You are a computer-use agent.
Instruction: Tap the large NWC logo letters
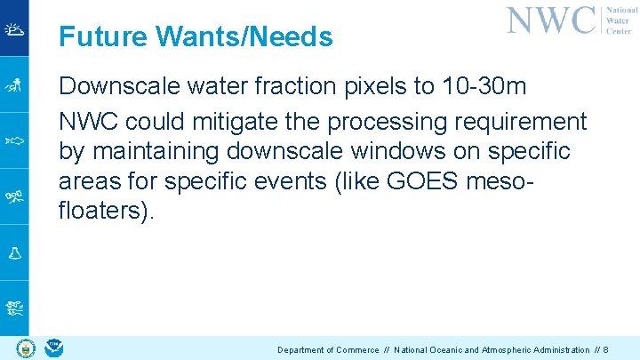[x=550, y=20]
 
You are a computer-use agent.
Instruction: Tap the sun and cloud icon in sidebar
[x=14, y=28]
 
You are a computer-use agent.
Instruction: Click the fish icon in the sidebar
[x=14, y=140]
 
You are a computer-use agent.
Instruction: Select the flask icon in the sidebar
[x=14, y=252]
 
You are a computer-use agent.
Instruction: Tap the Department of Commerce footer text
[x=328, y=350]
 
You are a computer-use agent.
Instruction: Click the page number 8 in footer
[x=605, y=350]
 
